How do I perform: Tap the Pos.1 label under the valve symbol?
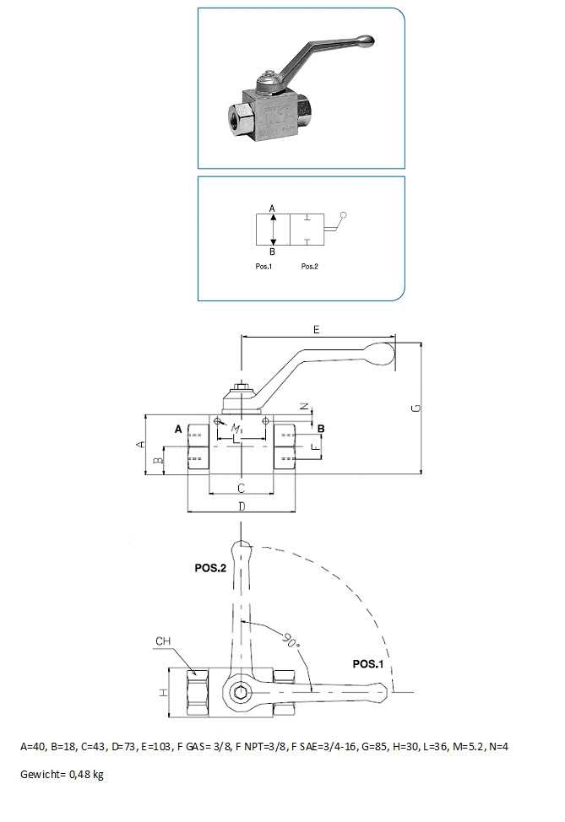click(263, 266)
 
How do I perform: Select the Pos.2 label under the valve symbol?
click(309, 266)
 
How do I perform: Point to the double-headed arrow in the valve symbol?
click(272, 229)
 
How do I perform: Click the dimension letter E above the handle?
click(316, 330)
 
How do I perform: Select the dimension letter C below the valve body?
click(241, 488)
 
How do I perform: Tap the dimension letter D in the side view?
click(241, 506)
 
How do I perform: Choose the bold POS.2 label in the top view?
click(210, 568)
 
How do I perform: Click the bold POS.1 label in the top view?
click(367, 664)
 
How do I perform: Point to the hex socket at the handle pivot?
click(241, 694)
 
